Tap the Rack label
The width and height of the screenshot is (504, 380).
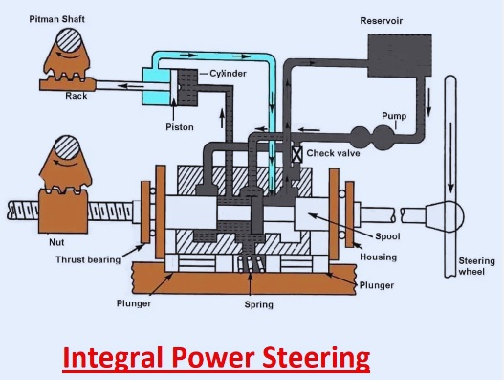point(77,96)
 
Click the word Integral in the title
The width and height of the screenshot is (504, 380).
point(114,359)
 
